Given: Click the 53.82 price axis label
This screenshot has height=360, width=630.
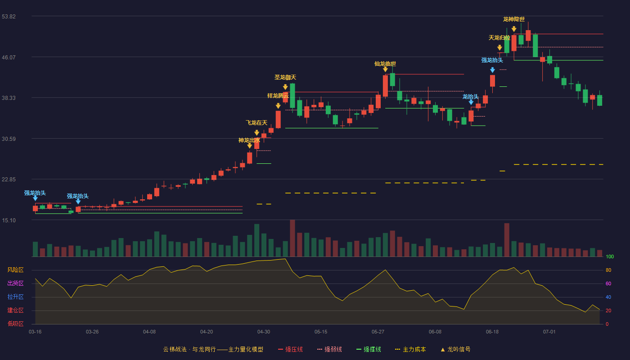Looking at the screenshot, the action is pyautogui.click(x=9, y=16).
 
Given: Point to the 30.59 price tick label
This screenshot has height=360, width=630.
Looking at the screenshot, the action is pyautogui.click(x=9, y=139).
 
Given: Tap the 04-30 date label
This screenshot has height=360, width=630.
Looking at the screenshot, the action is pyautogui.click(x=264, y=332).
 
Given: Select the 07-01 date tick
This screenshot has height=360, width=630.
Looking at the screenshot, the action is pyautogui.click(x=549, y=332).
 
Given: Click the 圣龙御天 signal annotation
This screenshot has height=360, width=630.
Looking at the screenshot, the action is pyautogui.click(x=285, y=77).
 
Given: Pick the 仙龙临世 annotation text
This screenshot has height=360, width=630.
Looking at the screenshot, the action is pyautogui.click(x=385, y=64).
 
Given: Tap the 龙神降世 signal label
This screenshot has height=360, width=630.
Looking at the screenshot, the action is pyautogui.click(x=514, y=19).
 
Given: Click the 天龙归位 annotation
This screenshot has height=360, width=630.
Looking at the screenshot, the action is pyautogui.click(x=499, y=38).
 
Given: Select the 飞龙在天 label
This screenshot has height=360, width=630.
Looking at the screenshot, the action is pyautogui.click(x=256, y=122).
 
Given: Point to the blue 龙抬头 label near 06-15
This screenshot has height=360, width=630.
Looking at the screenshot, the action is pyautogui.click(x=471, y=97).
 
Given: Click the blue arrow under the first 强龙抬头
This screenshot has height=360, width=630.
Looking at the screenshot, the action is pyautogui.click(x=35, y=198).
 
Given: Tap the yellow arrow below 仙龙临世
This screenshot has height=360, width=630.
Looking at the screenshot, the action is pyautogui.click(x=385, y=69).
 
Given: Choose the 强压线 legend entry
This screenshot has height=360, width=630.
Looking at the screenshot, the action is pyautogui.click(x=290, y=349).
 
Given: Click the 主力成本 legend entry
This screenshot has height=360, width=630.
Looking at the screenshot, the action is pyautogui.click(x=410, y=349).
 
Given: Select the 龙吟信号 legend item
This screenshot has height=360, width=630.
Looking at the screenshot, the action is pyautogui.click(x=455, y=349).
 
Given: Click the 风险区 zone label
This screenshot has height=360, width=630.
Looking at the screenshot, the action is pyautogui.click(x=15, y=270).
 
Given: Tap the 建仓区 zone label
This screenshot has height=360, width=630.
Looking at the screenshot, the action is pyautogui.click(x=15, y=310).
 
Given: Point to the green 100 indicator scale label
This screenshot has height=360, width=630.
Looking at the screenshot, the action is pyautogui.click(x=610, y=256).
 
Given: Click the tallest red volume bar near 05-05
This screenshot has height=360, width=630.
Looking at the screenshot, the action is pyautogui.click(x=292, y=238).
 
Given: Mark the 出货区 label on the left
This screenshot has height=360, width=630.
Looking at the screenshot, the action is pyautogui.click(x=15, y=283).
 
